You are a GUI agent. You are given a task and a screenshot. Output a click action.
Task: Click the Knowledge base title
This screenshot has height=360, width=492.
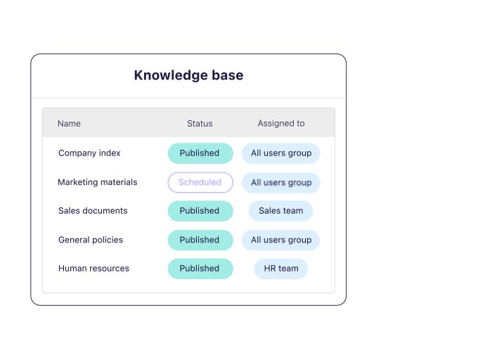click(x=188, y=75)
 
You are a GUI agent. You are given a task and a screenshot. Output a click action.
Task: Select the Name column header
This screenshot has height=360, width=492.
click(x=69, y=124)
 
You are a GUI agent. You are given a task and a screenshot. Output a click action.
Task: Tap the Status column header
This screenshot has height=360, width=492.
click(x=200, y=124)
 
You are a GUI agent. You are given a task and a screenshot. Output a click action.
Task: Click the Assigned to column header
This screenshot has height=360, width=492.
click(x=281, y=124)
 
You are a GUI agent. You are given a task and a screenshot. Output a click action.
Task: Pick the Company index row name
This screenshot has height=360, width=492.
click(x=89, y=153)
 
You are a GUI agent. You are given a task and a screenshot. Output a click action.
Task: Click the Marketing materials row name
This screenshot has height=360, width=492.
click(x=98, y=182)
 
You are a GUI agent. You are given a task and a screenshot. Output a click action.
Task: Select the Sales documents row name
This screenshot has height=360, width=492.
click(x=93, y=211)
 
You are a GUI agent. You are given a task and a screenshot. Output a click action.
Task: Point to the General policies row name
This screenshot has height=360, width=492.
click(x=91, y=240)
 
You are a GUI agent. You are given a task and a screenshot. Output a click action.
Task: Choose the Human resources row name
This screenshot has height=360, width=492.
click(x=93, y=269)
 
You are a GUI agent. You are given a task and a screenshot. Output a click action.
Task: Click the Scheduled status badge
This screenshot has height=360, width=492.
click(x=200, y=182)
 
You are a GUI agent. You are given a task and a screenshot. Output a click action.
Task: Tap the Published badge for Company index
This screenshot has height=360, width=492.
click(x=200, y=153)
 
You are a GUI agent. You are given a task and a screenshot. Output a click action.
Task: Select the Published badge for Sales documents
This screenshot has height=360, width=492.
click(x=200, y=211)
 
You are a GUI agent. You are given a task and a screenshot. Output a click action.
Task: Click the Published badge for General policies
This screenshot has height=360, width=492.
click(x=200, y=240)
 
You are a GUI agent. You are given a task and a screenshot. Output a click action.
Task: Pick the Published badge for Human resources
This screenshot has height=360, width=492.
click(x=200, y=269)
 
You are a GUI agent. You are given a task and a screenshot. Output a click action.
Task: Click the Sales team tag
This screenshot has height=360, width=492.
click(x=281, y=211)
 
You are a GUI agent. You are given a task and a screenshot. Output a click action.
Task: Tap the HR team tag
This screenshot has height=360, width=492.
click(x=281, y=269)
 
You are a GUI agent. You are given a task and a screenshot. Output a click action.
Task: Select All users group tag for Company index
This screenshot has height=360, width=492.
click(x=281, y=153)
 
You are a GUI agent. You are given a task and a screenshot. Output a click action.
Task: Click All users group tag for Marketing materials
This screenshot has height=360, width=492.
click(x=281, y=182)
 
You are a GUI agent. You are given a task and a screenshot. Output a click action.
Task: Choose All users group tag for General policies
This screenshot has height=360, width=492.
click(x=281, y=240)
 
